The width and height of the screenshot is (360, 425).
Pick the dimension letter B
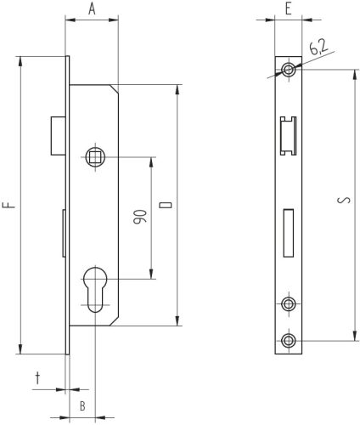pyautogui.click(x=82, y=406)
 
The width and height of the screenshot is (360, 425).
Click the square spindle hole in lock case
pyautogui.click(x=96, y=156)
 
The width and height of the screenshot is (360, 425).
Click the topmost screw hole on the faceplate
pyautogui.click(x=290, y=70)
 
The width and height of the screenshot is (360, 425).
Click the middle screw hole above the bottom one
pyautogui.click(x=290, y=303)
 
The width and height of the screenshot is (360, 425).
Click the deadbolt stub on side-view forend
pyautogui.click(x=64, y=233)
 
